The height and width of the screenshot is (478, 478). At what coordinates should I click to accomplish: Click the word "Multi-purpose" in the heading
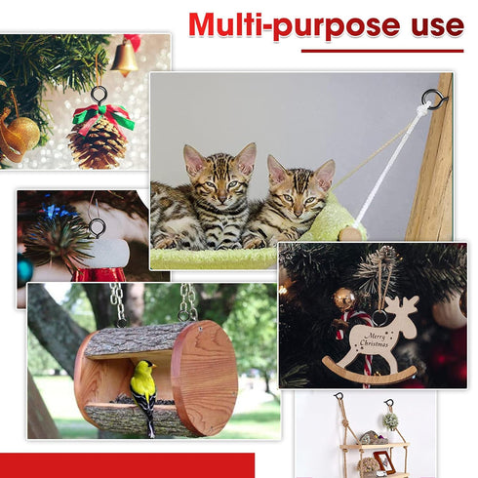point(295,25)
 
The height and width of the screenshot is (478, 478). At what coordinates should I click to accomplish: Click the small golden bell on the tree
point(125,59)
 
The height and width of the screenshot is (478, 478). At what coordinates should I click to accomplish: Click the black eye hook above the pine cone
point(99,95)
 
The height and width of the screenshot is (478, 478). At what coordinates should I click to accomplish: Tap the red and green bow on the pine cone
point(103,118)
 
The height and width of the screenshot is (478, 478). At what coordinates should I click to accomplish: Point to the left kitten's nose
point(221,197)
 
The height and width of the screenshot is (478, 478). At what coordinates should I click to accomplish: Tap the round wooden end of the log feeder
point(205,378)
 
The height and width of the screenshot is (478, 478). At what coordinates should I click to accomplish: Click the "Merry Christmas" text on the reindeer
point(375,340)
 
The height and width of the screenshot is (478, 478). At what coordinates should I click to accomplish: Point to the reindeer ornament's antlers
point(406,305)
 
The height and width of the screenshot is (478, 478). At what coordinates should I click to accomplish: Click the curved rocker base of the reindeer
point(369,374)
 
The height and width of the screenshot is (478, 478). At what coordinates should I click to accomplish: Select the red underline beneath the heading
point(382,51)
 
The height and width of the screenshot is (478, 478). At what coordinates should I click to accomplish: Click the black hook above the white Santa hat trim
point(97,227)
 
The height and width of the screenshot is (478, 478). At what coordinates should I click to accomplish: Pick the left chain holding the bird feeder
point(118,303)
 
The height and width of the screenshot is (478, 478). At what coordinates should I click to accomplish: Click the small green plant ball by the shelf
point(390,420)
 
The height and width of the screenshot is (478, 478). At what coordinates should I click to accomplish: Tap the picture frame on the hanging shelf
point(384,461)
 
